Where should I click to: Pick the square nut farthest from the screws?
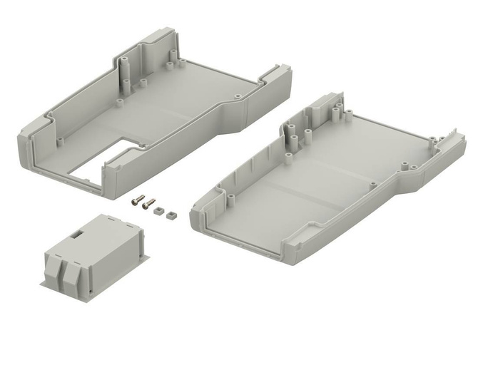(x=171, y=213)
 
